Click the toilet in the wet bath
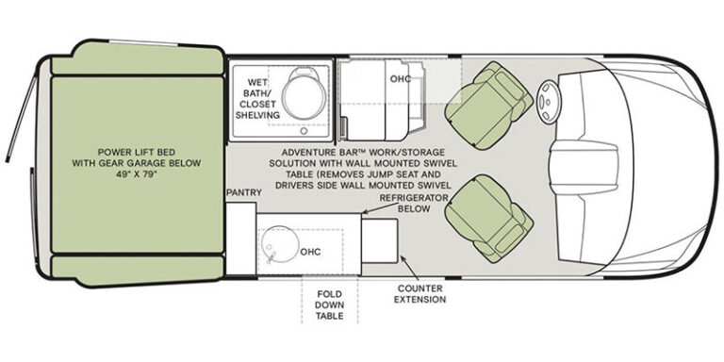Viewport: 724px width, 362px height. [x=302, y=95]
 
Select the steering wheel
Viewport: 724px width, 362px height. [x=547, y=102]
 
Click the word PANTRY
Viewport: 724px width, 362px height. [x=244, y=192]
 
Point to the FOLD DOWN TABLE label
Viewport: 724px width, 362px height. [x=330, y=305]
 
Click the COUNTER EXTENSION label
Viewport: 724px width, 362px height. [x=420, y=294]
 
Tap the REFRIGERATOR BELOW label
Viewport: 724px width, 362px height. [x=414, y=204]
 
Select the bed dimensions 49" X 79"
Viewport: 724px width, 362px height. [x=136, y=174]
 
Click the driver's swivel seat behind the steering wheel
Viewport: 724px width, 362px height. [x=489, y=106]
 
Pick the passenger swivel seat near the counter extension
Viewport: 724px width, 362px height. [x=489, y=219]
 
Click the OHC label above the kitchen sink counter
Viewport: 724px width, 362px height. [x=310, y=252]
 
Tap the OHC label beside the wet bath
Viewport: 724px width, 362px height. [x=401, y=79]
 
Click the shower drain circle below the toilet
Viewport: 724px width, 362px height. [x=304, y=131]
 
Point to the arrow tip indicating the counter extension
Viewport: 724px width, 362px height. [x=402, y=256]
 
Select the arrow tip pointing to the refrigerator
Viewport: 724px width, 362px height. [x=363, y=213]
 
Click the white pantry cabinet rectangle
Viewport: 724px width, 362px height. [x=240, y=239]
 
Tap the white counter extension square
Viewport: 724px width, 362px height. [x=380, y=241]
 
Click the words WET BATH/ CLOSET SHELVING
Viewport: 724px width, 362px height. [x=257, y=99]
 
